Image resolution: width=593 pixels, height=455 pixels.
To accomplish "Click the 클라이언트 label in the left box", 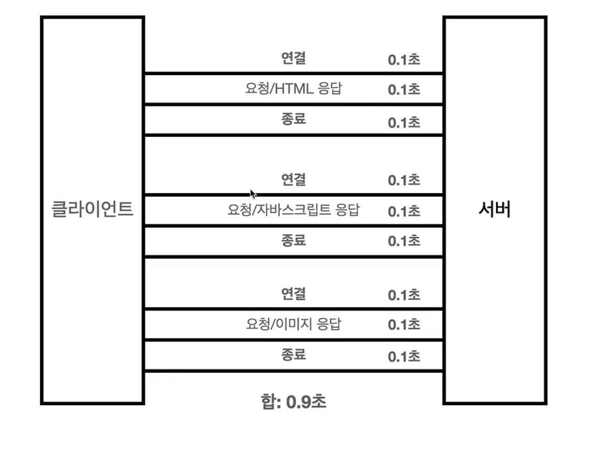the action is tap(92, 209).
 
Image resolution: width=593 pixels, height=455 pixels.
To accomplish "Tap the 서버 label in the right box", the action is tap(494, 209).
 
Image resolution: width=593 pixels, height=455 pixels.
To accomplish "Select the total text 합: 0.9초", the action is tap(293, 401).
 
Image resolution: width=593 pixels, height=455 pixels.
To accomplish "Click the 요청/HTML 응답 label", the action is tap(293, 88).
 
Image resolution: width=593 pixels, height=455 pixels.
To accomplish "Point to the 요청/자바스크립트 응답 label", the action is tap(293, 210).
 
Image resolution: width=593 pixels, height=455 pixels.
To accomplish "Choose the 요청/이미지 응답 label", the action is tap(293, 323).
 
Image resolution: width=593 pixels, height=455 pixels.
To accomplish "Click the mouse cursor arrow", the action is tap(252, 193).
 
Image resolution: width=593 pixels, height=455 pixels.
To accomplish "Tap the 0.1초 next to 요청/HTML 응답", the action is tap(404, 89).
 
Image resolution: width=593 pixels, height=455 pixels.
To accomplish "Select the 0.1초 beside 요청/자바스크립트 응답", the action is tap(404, 211).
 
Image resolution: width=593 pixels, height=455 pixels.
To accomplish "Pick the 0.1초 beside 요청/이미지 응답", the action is tap(404, 324).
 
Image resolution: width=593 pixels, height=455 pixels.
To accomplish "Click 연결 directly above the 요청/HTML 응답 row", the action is tap(293, 58).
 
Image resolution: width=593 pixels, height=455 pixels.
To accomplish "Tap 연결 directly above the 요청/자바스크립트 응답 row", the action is tap(293, 179).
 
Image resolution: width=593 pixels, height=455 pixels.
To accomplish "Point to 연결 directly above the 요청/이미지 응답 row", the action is tap(293, 293).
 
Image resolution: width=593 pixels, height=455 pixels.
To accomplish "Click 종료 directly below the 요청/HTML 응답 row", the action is tap(293, 119).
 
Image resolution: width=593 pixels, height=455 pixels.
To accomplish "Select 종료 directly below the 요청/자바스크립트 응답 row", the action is tap(293, 240).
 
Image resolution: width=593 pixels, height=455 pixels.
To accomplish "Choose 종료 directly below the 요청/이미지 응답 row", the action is tap(293, 354).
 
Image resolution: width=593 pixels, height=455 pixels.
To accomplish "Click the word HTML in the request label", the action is tap(294, 88).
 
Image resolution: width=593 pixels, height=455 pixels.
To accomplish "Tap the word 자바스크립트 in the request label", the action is tap(294, 210).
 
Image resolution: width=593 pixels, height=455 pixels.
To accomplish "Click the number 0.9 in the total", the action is tap(298, 402).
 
